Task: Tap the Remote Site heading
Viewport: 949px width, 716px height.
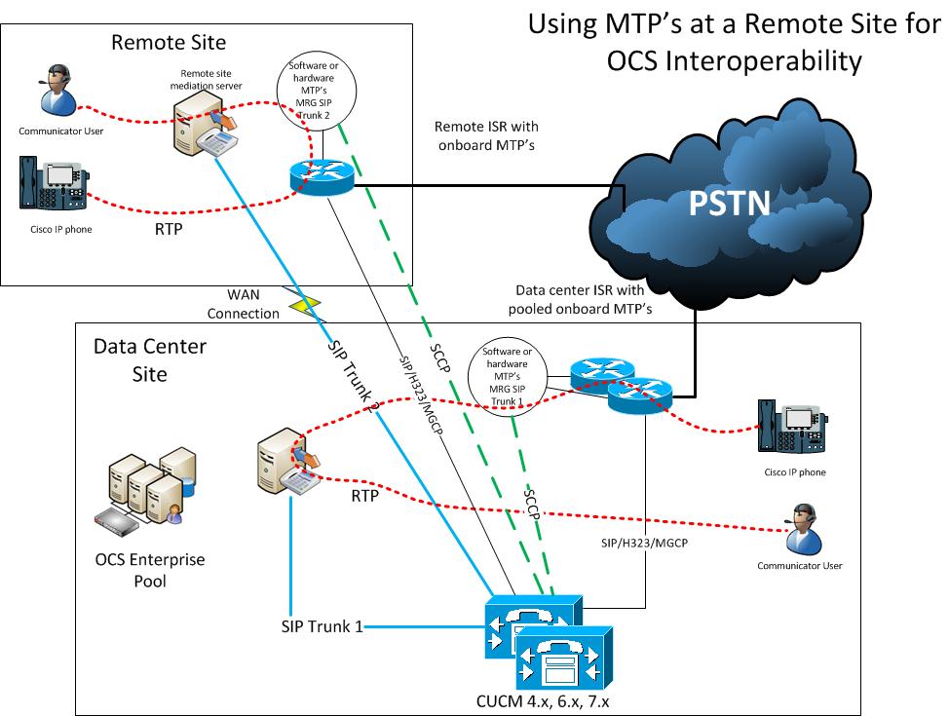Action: (169, 42)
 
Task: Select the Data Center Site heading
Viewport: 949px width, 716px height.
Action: (137, 359)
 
